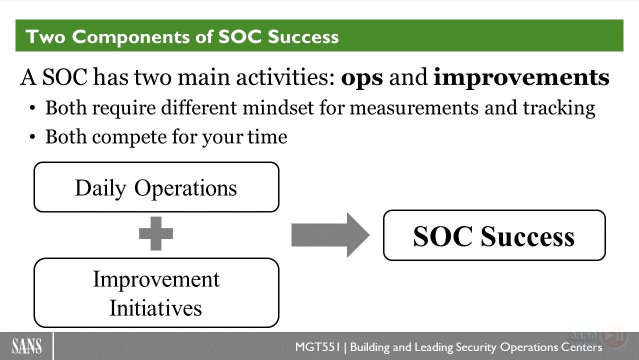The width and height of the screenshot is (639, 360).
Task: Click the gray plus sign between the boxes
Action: point(156,233)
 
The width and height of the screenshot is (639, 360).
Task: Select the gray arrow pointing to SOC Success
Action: point(330,235)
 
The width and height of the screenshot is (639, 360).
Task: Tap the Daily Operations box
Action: point(156,187)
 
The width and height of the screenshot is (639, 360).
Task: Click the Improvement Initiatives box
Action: point(156,292)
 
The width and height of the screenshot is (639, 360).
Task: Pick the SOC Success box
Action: point(494,235)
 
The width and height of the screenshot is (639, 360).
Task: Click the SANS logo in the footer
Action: point(27,346)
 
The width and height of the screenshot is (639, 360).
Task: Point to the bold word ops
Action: point(361,78)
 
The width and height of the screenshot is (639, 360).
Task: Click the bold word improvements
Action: point(521,77)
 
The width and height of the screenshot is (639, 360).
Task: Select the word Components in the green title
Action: point(130,37)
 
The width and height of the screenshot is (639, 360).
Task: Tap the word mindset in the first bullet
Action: point(278,108)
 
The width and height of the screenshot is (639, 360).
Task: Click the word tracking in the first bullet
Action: point(559,108)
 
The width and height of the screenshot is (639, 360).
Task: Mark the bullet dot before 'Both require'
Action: point(32,108)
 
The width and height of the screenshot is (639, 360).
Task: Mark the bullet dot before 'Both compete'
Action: point(32,137)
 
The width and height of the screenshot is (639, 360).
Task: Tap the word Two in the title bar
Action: point(45,37)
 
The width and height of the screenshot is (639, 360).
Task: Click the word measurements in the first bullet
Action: point(414,108)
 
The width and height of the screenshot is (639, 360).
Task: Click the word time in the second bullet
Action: point(267,137)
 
